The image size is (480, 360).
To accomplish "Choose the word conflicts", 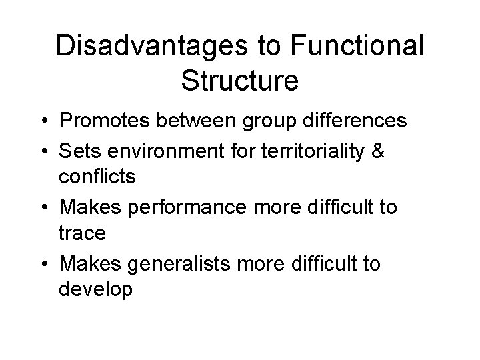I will tap(97, 178).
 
